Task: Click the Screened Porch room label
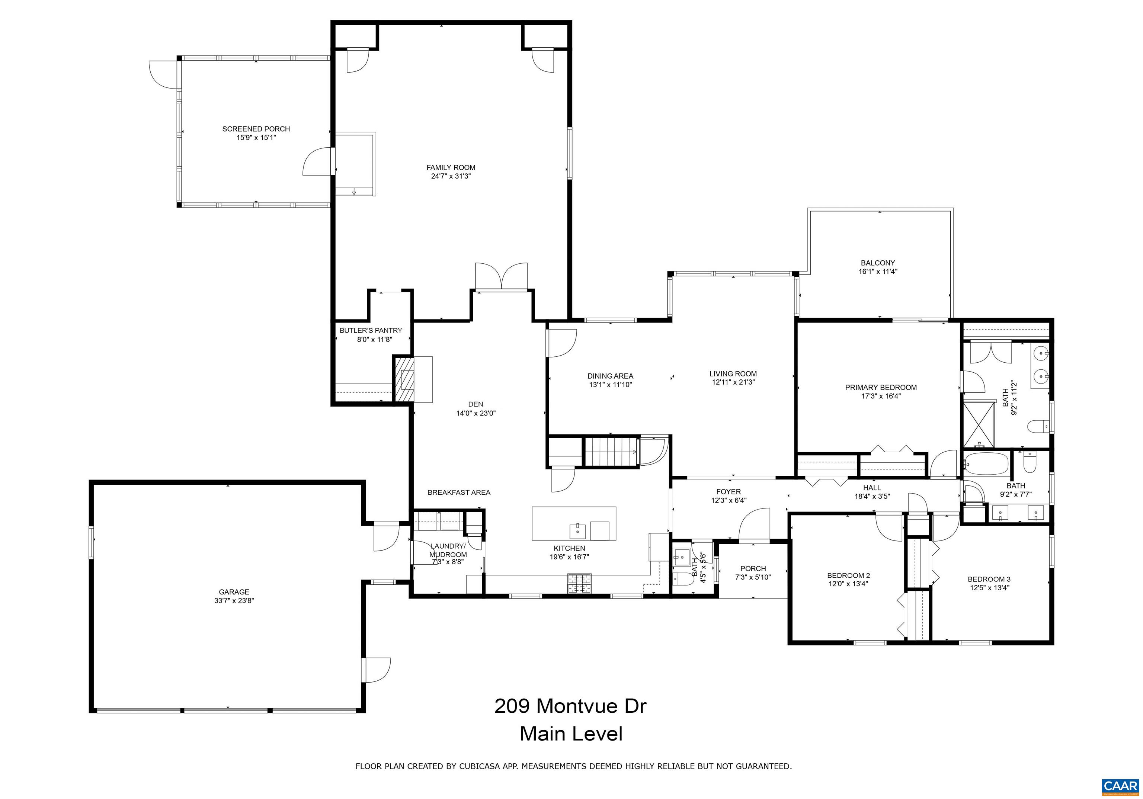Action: pyautogui.click(x=256, y=129)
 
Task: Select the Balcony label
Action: pyautogui.click(x=878, y=263)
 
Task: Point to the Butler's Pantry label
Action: pyautogui.click(x=371, y=331)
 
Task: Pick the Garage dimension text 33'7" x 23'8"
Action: pyautogui.click(x=234, y=600)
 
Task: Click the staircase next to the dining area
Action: pyautogui.click(x=611, y=451)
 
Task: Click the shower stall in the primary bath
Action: pyautogui.click(x=979, y=425)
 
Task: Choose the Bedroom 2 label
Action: pyautogui.click(x=848, y=575)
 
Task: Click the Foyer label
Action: pyautogui.click(x=729, y=492)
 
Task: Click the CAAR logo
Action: pyautogui.click(x=1120, y=786)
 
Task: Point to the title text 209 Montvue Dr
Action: pyautogui.click(x=570, y=706)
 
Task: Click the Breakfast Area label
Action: pyautogui.click(x=459, y=493)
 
